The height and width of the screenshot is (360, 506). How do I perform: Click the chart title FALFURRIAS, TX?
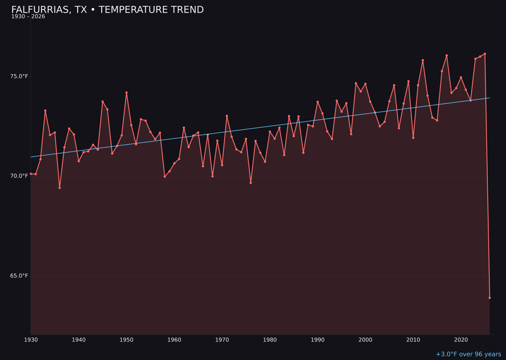[x=107, y=10]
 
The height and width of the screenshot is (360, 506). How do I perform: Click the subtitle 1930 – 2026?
[x=28, y=17]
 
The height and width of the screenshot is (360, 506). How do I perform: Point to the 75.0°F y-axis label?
[x=19, y=76]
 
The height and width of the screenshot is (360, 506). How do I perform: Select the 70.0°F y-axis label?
[x=19, y=176]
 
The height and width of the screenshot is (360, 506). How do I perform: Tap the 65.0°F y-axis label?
[x=19, y=276]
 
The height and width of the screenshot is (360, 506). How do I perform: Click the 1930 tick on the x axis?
[x=31, y=340]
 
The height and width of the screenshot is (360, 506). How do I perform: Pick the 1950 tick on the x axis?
[x=126, y=340]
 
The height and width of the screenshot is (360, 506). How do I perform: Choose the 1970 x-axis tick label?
[x=222, y=340]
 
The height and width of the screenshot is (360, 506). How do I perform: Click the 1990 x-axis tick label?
[x=318, y=340]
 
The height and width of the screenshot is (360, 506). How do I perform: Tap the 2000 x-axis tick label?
[x=365, y=340]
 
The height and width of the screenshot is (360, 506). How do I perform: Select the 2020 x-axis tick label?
[x=461, y=340]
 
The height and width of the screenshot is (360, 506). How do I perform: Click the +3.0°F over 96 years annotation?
[x=468, y=354]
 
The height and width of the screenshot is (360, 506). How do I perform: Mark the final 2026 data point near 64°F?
[x=490, y=298]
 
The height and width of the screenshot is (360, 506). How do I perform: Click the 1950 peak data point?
[x=126, y=93]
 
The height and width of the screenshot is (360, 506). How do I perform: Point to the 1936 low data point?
[x=60, y=188]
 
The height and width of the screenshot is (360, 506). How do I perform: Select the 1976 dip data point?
[x=251, y=183]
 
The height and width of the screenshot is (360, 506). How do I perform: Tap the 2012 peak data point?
[x=423, y=60]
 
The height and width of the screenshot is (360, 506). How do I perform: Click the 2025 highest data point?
[x=485, y=54]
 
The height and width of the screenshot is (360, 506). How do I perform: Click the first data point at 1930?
[x=31, y=174]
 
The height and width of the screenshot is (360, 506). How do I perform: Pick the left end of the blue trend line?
[x=31, y=157]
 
